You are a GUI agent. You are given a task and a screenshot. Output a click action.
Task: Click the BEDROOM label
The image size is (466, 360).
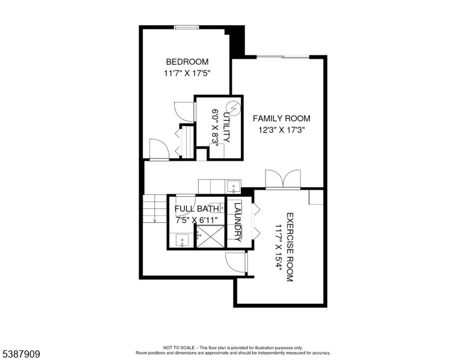[187, 62]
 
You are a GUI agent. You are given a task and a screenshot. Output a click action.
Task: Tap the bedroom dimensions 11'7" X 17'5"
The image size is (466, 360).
[187, 73]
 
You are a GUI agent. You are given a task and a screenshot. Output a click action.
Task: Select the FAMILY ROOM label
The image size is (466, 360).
[281, 118]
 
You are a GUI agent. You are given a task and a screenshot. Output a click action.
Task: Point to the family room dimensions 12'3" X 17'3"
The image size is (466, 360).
[281, 130]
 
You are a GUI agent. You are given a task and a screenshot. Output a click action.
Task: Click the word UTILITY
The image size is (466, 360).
[226, 127]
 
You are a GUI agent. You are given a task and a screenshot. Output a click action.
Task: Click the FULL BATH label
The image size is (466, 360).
[196, 209]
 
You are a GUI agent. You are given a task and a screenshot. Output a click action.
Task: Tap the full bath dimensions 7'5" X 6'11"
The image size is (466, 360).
[196, 220]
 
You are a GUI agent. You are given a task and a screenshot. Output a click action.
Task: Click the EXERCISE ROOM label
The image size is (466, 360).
[289, 247]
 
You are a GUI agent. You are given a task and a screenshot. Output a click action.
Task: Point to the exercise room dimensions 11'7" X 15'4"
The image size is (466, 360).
[278, 247]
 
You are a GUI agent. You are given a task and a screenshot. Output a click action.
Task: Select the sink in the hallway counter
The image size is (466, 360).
[234, 184]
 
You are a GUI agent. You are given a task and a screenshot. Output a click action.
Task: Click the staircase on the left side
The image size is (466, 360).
[155, 209]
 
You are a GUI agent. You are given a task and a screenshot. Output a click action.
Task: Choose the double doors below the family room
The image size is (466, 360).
[282, 179]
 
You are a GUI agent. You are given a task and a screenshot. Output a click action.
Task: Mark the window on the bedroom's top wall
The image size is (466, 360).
[186, 26]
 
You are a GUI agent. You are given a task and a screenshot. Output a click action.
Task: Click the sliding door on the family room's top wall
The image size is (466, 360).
[283, 57]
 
